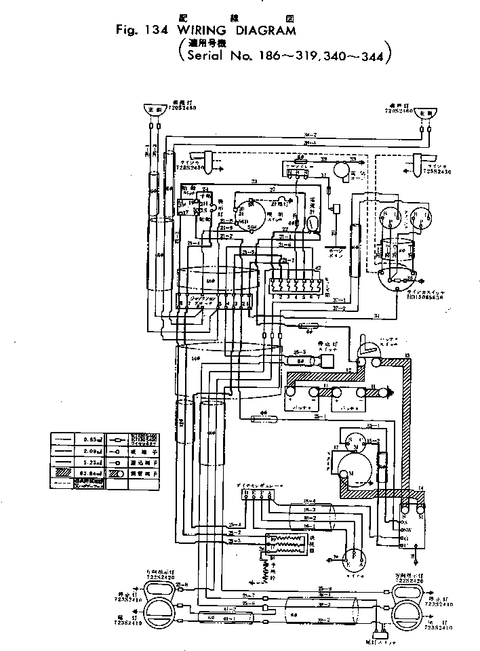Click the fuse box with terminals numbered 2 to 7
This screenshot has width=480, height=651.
pos(294,285)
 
